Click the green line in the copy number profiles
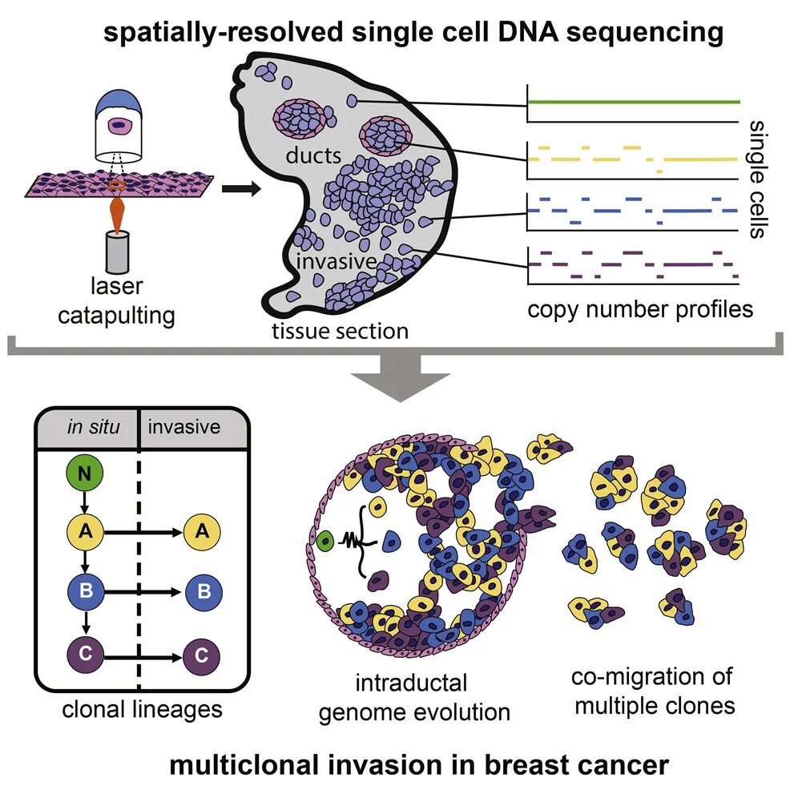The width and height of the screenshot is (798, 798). [633, 102]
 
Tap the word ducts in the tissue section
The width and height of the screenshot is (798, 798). [313, 155]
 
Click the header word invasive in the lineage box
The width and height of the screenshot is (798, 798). [184, 426]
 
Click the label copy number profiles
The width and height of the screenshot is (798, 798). [640, 308]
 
